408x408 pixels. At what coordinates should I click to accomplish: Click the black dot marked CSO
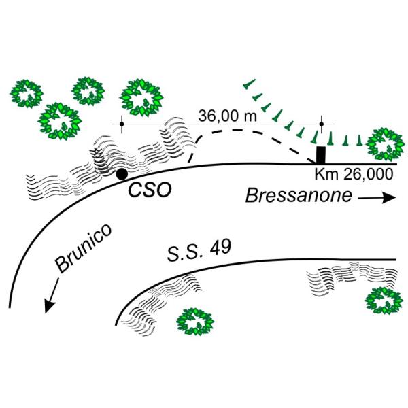122,174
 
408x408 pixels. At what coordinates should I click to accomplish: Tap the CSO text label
150,190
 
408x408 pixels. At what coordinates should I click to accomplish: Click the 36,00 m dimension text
227,116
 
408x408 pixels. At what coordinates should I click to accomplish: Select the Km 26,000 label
354,174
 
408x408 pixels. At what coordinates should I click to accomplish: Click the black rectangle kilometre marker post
320,155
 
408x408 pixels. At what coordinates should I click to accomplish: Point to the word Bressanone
299,195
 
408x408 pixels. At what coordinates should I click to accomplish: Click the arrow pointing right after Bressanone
377,198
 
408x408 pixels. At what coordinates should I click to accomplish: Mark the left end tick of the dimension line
122,124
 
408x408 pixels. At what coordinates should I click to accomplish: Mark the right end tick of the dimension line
322,124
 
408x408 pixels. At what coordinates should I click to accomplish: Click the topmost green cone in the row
249,84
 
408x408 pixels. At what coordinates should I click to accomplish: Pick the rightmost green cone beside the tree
359,140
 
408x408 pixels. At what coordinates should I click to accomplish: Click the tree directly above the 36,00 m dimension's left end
141,97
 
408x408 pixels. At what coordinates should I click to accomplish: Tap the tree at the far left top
27,94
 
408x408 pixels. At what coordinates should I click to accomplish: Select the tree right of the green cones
386,144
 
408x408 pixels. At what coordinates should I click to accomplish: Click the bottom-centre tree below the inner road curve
195,322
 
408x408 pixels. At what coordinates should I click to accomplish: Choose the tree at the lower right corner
384,301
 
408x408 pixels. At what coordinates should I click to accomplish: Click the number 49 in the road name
220,248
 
